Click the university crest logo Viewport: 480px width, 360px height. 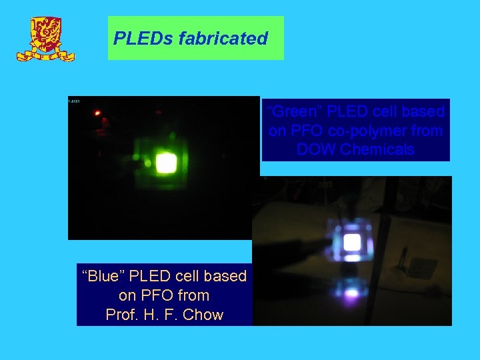[45, 40]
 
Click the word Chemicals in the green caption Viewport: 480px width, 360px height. [377, 149]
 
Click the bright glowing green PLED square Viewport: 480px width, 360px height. [167, 162]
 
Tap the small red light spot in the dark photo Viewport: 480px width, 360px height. [98, 113]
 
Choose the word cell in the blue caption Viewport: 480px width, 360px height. [187, 276]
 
